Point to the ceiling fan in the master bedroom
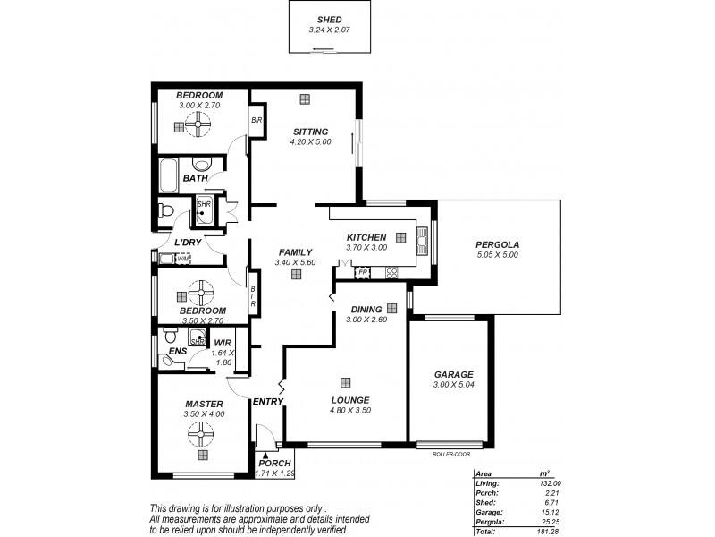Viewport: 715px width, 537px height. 203,435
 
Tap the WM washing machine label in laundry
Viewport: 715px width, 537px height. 181,260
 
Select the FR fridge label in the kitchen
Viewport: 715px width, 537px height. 364,271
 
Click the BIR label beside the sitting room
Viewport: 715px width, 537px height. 256,121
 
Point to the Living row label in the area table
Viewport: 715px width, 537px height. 489,483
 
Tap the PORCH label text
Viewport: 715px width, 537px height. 275,463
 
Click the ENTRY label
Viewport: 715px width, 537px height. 267,401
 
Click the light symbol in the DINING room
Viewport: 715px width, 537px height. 391,307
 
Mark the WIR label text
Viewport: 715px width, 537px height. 223,342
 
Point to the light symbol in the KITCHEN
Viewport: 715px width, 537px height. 400,237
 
